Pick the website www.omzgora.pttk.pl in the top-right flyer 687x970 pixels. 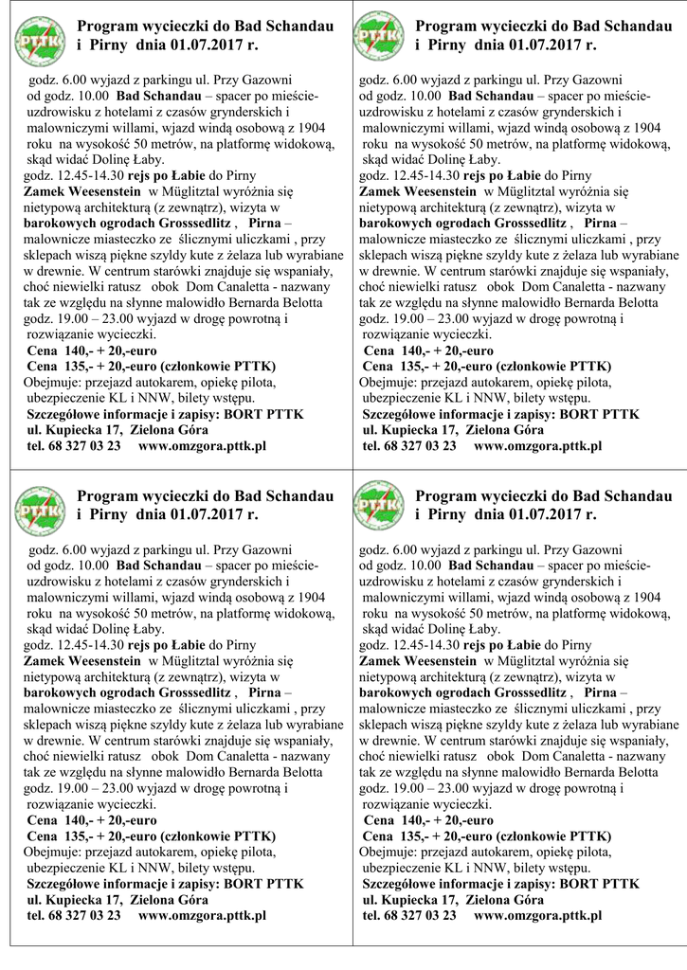click(537, 445)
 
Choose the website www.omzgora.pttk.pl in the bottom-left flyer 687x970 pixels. click(202, 916)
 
